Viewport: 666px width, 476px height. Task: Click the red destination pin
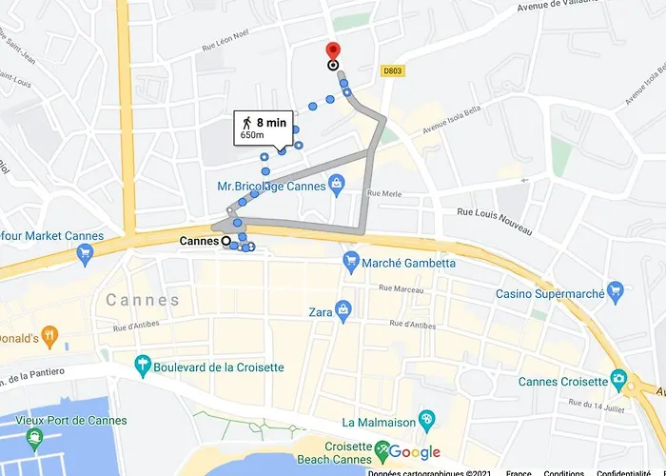332,51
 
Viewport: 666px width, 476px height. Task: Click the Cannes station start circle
226,242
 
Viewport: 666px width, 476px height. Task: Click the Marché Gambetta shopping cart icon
351,261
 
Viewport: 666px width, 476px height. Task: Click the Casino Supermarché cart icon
616,292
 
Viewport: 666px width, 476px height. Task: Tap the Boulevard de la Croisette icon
143,362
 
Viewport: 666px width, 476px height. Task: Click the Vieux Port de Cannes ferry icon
35,439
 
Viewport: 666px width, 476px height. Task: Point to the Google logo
413,452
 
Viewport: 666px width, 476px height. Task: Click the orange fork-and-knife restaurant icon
51,336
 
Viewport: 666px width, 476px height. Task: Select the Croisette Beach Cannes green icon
382,447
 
